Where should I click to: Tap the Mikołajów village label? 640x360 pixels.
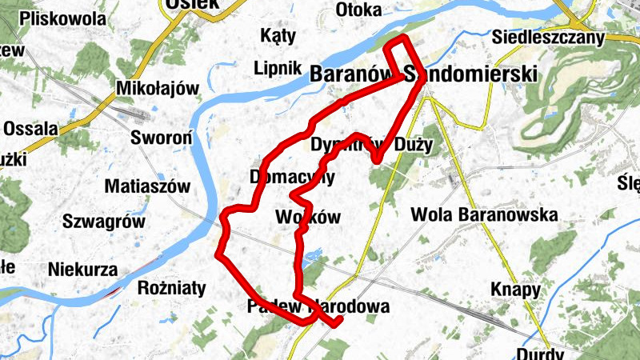(157, 88)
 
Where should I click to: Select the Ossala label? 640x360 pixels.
(30, 128)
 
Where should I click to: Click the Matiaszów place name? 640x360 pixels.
(148, 187)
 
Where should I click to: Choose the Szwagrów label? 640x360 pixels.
(103, 222)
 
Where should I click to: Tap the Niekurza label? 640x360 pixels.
(82, 269)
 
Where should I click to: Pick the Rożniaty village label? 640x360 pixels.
(172, 287)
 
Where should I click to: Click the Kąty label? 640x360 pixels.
(279, 35)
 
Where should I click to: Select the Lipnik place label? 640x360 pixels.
(277, 67)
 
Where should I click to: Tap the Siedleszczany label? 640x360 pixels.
(548, 36)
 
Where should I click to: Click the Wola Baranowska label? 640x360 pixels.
(484, 214)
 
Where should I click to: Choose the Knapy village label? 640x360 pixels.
(516, 290)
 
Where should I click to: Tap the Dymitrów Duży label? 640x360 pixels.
(370, 146)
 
